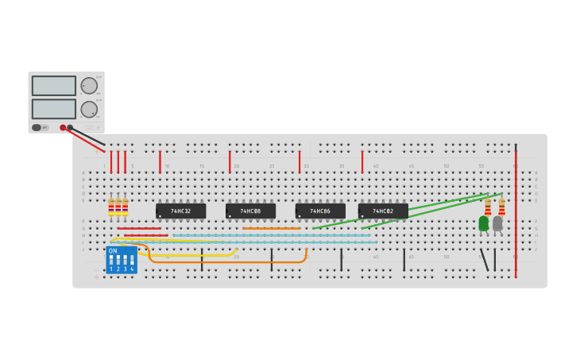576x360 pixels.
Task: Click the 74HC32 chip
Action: [x=180, y=211]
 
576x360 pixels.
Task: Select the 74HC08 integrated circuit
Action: [x=250, y=211]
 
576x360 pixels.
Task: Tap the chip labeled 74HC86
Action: [x=320, y=211]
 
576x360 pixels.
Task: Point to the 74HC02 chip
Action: [x=383, y=211]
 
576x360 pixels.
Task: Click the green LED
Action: [x=483, y=224]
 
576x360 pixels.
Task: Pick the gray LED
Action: [x=497, y=224]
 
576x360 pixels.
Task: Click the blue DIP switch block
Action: [x=121, y=260]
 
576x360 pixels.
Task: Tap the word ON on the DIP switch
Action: [x=113, y=251]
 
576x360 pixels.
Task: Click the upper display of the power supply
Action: [x=54, y=86]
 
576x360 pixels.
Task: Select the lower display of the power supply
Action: [x=54, y=109]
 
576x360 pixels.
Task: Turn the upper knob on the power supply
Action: [x=89, y=86]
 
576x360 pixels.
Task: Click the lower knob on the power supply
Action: [x=89, y=109]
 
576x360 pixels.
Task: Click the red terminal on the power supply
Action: [x=63, y=127]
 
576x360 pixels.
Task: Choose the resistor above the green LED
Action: [x=488, y=207]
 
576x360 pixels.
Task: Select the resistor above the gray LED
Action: [x=501, y=207]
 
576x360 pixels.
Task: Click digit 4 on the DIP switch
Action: [x=132, y=269]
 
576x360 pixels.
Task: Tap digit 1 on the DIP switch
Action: [x=110, y=269]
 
